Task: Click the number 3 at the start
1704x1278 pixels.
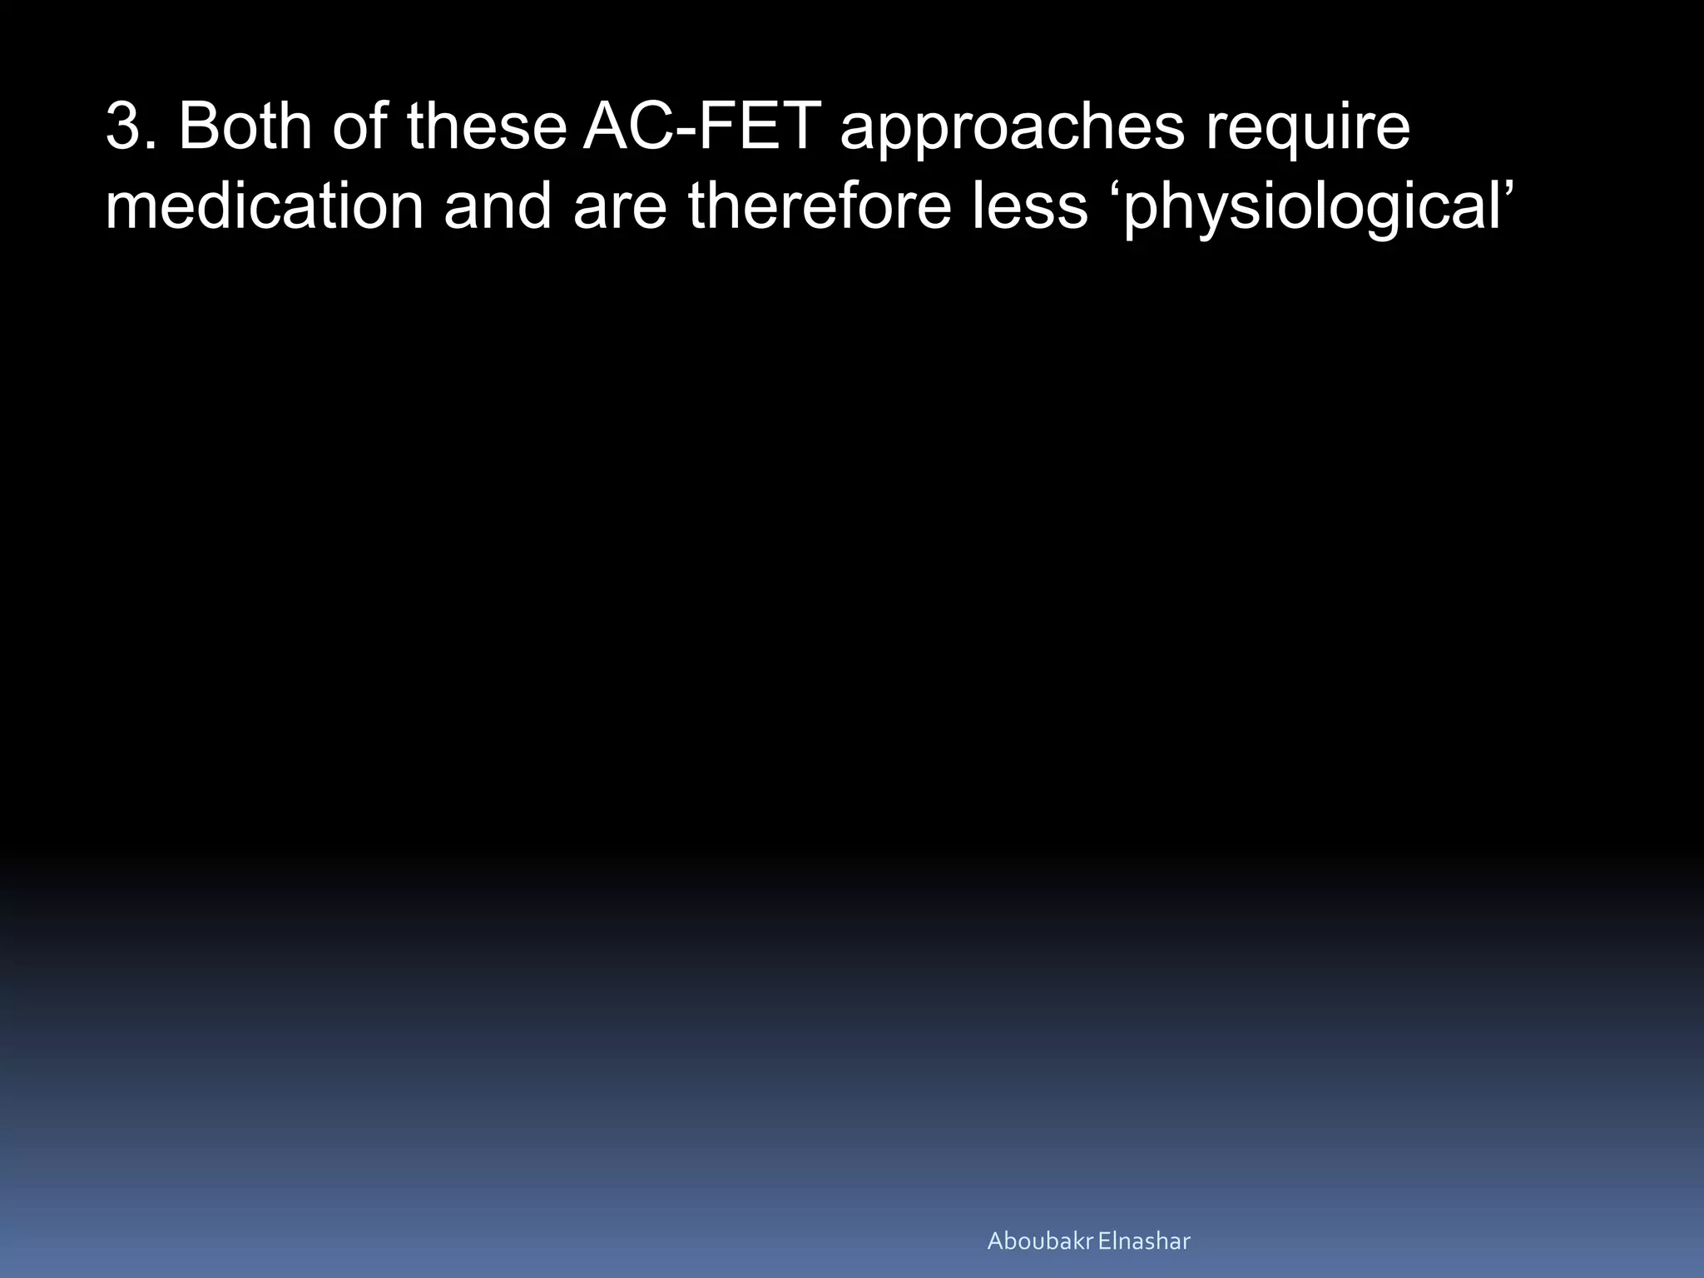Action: pos(125,128)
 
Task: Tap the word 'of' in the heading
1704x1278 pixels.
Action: pos(362,128)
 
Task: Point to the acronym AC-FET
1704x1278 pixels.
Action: pos(701,128)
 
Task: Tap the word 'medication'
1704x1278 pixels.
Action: pos(265,206)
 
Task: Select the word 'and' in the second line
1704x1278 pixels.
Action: pos(498,206)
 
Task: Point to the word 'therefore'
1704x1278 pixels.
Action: pos(820,206)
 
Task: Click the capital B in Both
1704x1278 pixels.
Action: pos(199,128)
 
